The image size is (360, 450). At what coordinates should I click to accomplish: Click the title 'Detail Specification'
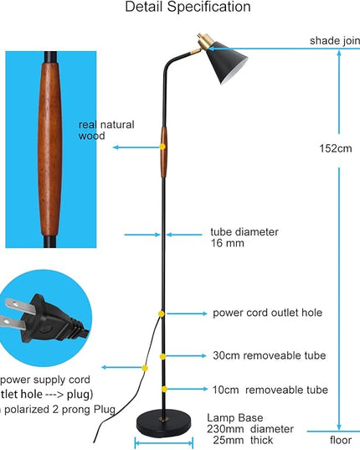tap(188, 8)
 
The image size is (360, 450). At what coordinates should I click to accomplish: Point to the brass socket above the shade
tap(203, 39)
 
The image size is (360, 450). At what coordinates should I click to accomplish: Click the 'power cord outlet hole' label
tap(267, 313)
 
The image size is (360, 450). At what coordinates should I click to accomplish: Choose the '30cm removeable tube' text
tap(268, 355)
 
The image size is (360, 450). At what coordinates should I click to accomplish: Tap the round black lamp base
tap(164, 422)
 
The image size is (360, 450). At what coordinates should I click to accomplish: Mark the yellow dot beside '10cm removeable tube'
tap(165, 389)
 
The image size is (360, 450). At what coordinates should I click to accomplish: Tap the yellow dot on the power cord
tap(144, 367)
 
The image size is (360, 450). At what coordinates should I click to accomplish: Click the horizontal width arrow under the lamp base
tap(164, 442)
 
